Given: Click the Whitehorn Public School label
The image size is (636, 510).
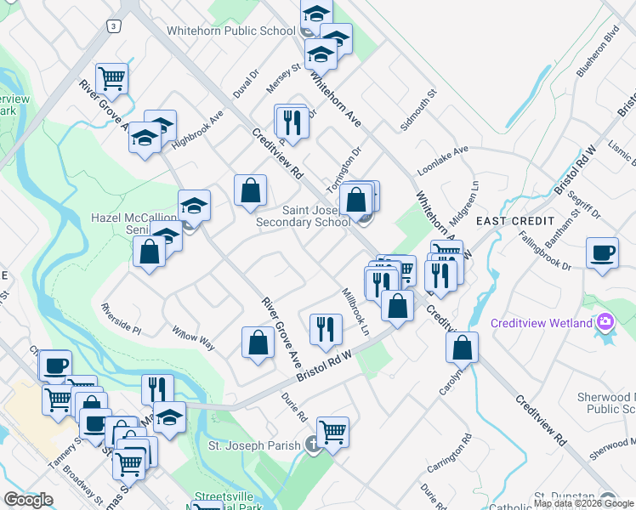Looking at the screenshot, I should pyautogui.click(x=231, y=31).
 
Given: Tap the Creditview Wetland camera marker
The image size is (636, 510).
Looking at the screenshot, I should pyautogui.click(x=605, y=322).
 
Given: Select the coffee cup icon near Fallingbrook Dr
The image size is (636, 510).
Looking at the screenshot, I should pyautogui.click(x=602, y=253).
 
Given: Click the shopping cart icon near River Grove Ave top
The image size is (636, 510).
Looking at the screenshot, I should pyautogui.click(x=112, y=79).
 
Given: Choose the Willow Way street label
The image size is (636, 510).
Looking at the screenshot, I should pyautogui.click(x=193, y=337).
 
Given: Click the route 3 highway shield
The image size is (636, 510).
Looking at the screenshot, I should pyautogui.click(x=113, y=26).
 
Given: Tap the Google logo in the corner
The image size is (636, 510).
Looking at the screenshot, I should pyautogui.click(x=28, y=500).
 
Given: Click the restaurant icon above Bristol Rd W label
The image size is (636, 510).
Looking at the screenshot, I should pyautogui.click(x=325, y=329).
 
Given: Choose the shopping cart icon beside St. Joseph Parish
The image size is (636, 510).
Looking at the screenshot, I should pyautogui.click(x=332, y=431).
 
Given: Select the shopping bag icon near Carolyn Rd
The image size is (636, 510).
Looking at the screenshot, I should pyautogui.click(x=462, y=346).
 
